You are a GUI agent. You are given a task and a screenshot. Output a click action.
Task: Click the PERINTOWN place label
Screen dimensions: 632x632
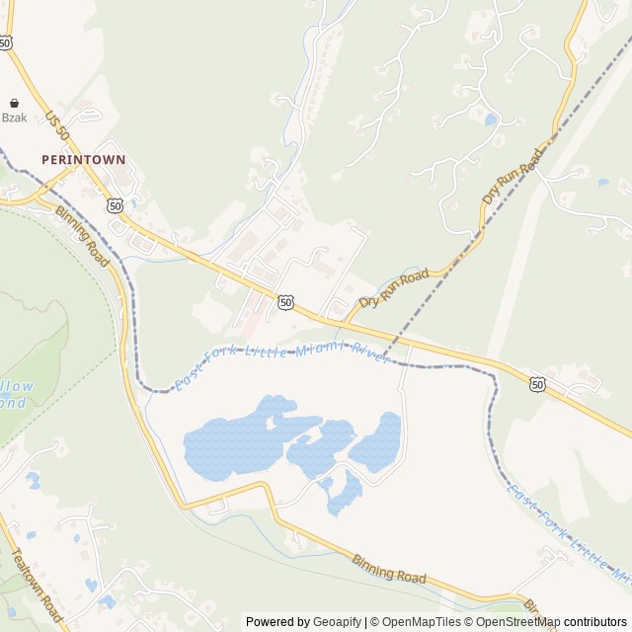click(x=84, y=158)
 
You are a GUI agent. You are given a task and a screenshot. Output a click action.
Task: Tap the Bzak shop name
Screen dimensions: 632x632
click(x=14, y=117)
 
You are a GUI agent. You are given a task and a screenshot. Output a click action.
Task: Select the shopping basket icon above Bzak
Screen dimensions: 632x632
click(x=14, y=102)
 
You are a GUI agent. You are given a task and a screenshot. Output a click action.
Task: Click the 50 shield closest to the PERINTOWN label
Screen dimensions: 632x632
click(x=116, y=205)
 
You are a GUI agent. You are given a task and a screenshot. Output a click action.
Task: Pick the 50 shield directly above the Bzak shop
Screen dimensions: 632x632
click(x=7, y=42)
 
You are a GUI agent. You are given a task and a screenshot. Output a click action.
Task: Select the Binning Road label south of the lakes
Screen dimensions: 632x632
click(x=388, y=568)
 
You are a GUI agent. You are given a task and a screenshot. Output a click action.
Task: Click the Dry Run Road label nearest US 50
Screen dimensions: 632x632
click(x=393, y=287)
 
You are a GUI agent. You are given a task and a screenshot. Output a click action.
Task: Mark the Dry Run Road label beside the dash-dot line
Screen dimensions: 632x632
click(x=513, y=178)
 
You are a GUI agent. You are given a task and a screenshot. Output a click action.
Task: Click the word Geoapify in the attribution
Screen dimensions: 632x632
click(x=337, y=622)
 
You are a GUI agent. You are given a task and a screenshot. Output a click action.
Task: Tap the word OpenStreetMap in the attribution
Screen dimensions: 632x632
click(x=516, y=622)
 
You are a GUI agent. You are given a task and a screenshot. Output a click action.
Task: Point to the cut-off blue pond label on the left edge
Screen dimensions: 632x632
click(x=16, y=394)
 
